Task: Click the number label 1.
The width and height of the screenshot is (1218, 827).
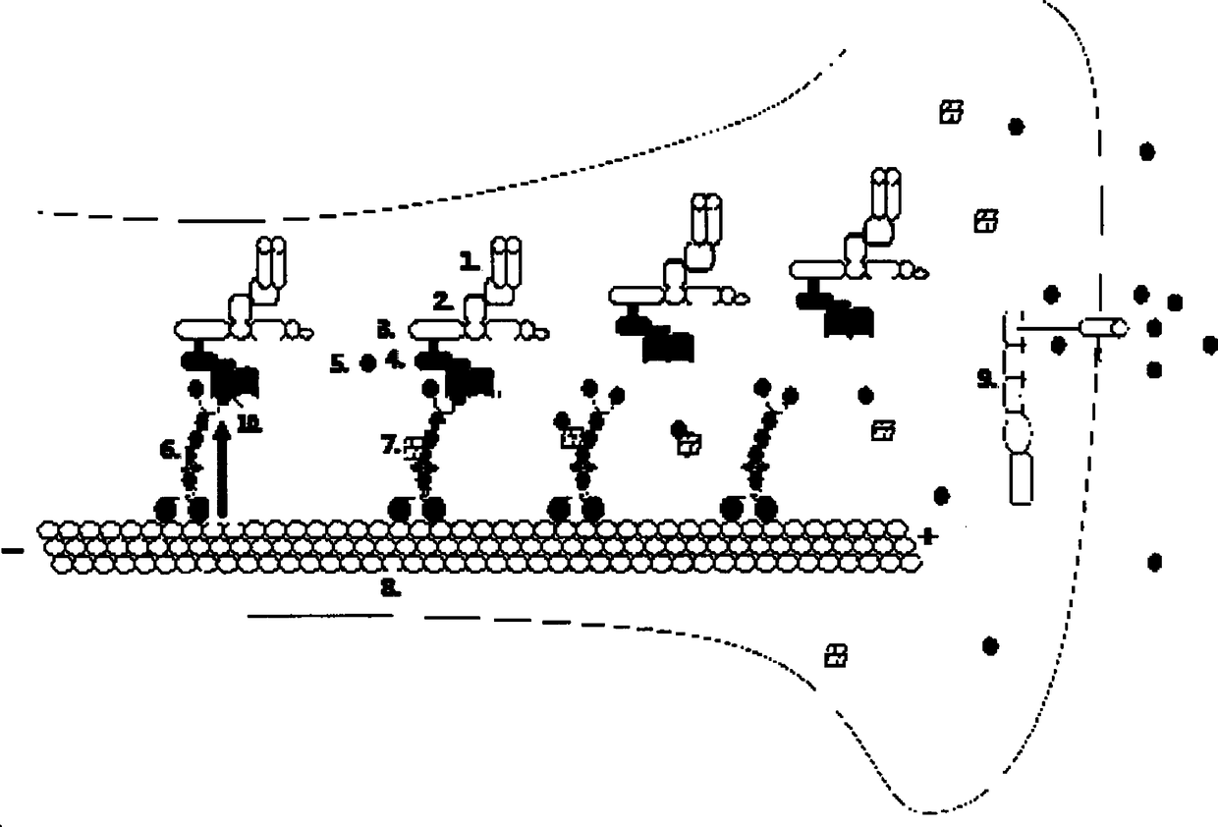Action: tap(470, 261)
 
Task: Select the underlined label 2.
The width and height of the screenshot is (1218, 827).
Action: tap(444, 301)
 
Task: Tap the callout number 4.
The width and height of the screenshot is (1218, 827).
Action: tap(396, 360)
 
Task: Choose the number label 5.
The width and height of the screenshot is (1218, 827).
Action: tap(339, 363)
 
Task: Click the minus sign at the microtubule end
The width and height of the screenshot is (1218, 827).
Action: tap(13, 551)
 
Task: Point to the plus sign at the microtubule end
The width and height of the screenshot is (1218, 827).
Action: tap(926, 536)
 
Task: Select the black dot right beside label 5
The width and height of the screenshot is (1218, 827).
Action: tap(367, 363)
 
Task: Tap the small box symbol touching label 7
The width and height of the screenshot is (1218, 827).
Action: tap(414, 447)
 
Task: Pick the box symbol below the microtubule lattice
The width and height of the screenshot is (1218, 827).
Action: tap(836, 654)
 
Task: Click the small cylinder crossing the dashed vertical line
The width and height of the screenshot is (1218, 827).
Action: tap(1102, 327)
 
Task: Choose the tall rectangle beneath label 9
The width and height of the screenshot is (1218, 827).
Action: tap(1022, 478)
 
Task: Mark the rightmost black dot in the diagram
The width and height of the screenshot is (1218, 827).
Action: tap(1210, 345)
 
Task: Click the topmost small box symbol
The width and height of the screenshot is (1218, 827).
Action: tap(950, 112)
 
